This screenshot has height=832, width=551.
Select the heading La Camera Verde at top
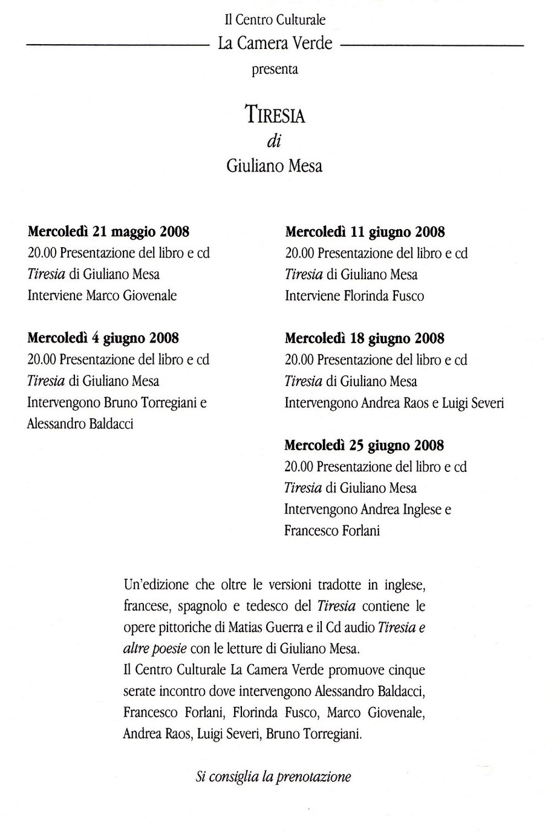[x=275, y=44]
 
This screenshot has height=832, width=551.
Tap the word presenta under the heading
[x=275, y=69]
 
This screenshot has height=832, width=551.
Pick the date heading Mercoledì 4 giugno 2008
[x=103, y=338]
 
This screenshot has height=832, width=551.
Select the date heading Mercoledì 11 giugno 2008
[x=365, y=231]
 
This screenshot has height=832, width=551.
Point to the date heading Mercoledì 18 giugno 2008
[x=365, y=338]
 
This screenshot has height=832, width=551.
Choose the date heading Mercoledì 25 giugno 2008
[x=364, y=445]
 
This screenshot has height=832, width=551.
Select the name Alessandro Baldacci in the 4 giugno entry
[x=80, y=424]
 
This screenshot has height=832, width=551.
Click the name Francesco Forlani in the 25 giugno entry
[x=332, y=530]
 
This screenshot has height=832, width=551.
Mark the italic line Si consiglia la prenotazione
[x=273, y=776]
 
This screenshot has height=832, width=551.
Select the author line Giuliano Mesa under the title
[x=275, y=166]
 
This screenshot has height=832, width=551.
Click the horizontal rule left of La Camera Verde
[x=117, y=45]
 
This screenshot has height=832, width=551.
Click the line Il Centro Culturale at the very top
[x=275, y=20]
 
